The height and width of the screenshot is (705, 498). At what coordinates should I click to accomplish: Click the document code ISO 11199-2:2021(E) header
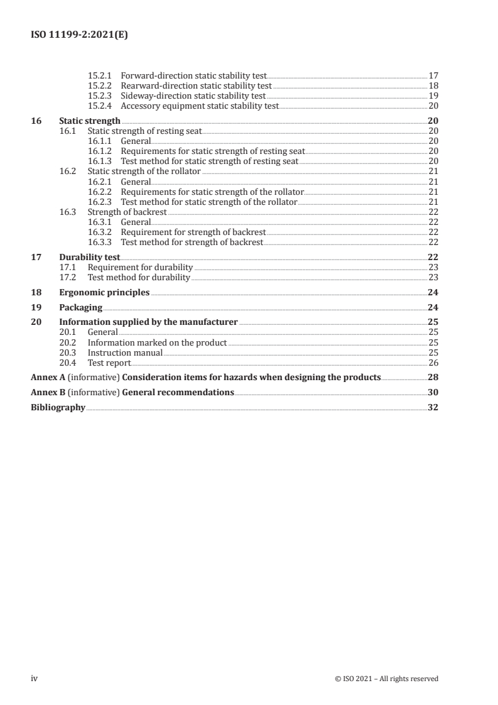click(x=80, y=36)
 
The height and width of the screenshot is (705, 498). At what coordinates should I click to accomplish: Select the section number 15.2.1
click(x=100, y=76)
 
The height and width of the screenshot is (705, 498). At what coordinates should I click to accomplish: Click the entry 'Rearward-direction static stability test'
click(x=196, y=86)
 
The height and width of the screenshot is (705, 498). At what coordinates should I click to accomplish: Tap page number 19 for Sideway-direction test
click(x=433, y=96)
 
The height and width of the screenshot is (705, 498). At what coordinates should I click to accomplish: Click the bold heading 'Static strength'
click(x=89, y=121)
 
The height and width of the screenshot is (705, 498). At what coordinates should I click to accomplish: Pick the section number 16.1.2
click(x=100, y=151)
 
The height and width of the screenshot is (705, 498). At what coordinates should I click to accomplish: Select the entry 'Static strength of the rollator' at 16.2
click(x=144, y=171)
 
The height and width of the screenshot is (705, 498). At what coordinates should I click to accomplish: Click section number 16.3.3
click(x=100, y=242)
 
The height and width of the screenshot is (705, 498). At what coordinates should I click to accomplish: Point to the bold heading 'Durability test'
click(x=89, y=257)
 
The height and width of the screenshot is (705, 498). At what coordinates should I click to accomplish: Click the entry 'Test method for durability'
click(x=138, y=277)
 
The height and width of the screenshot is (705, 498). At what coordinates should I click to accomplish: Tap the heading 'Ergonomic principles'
click(x=104, y=292)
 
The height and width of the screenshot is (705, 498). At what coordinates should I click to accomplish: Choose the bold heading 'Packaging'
click(x=80, y=307)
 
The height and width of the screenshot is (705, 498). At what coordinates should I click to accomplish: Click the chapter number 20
click(x=36, y=322)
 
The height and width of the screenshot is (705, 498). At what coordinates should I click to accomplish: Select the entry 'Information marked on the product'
click(x=157, y=342)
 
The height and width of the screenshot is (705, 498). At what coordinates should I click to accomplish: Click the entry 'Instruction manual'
click(x=125, y=352)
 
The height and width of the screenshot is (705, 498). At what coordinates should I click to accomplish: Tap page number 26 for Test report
click(x=433, y=363)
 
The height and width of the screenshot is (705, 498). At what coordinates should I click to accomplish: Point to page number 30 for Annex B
click(x=433, y=393)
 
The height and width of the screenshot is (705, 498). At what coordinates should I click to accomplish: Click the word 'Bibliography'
click(x=58, y=408)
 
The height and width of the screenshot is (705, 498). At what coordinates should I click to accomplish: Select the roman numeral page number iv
click(x=35, y=679)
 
